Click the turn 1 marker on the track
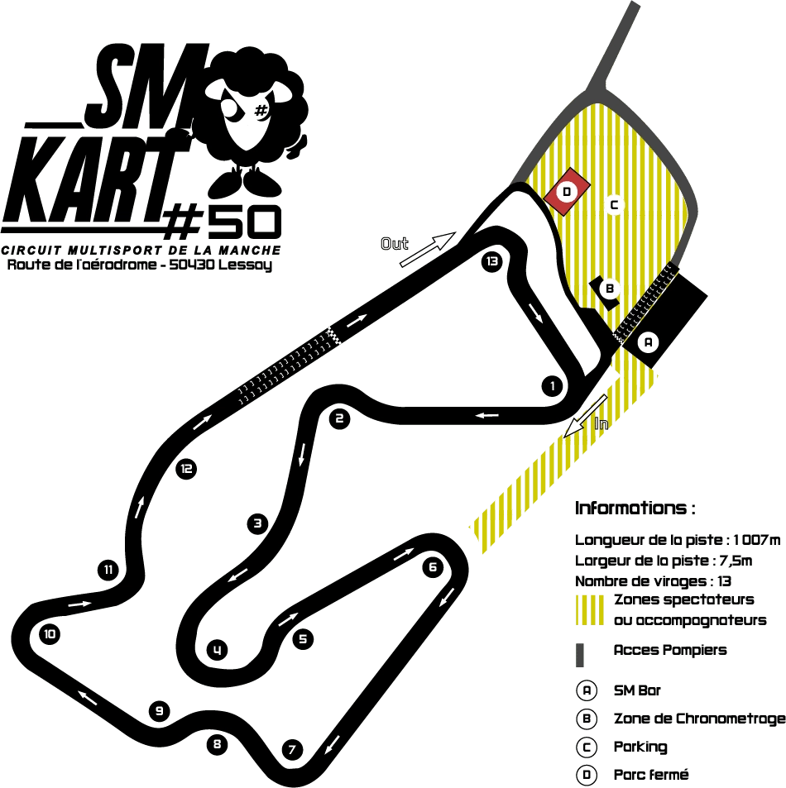[553, 386]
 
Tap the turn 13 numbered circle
[491, 261]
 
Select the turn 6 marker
[433, 567]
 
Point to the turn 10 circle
[50, 634]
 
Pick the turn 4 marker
[218, 650]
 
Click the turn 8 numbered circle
[218, 744]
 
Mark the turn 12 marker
[186, 469]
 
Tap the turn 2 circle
[339, 418]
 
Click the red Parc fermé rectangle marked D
[567, 192]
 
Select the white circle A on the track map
[648, 343]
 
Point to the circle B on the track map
[610, 289]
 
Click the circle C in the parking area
[614, 205]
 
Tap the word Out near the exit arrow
[395, 244]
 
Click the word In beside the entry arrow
[601, 423]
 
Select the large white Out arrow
[428, 249]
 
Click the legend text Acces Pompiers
[670, 650]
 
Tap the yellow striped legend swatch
[589, 610]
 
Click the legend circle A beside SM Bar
[587, 690]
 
